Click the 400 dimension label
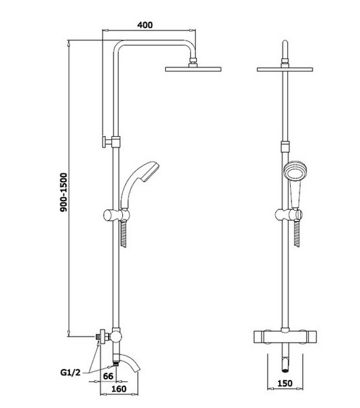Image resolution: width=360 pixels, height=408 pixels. (x=145, y=25)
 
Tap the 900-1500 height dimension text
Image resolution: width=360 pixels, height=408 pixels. (x=64, y=192)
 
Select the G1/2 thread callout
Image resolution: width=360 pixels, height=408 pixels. (x=71, y=373)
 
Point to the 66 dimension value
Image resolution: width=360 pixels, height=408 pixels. (x=108, y=376)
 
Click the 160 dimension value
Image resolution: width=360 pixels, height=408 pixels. (x=119, y=389)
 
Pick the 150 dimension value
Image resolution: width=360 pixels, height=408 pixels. (x=285, y=384)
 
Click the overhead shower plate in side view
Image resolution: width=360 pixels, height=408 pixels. (x=193, y=69)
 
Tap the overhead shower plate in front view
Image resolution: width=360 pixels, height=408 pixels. (x=285, y=69)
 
